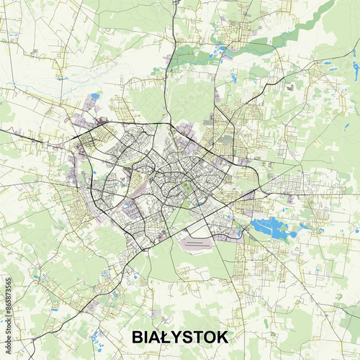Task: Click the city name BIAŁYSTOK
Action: click(180, 337)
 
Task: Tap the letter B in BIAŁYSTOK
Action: click(138, 337)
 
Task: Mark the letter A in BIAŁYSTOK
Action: click(155, 337)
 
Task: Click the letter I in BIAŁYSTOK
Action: click(146, 337)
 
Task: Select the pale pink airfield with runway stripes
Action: click(202, 243)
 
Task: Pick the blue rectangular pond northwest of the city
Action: click(94, 96)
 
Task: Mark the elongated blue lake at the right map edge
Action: click(356, 71)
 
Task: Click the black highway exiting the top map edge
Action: click(175, 3)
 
